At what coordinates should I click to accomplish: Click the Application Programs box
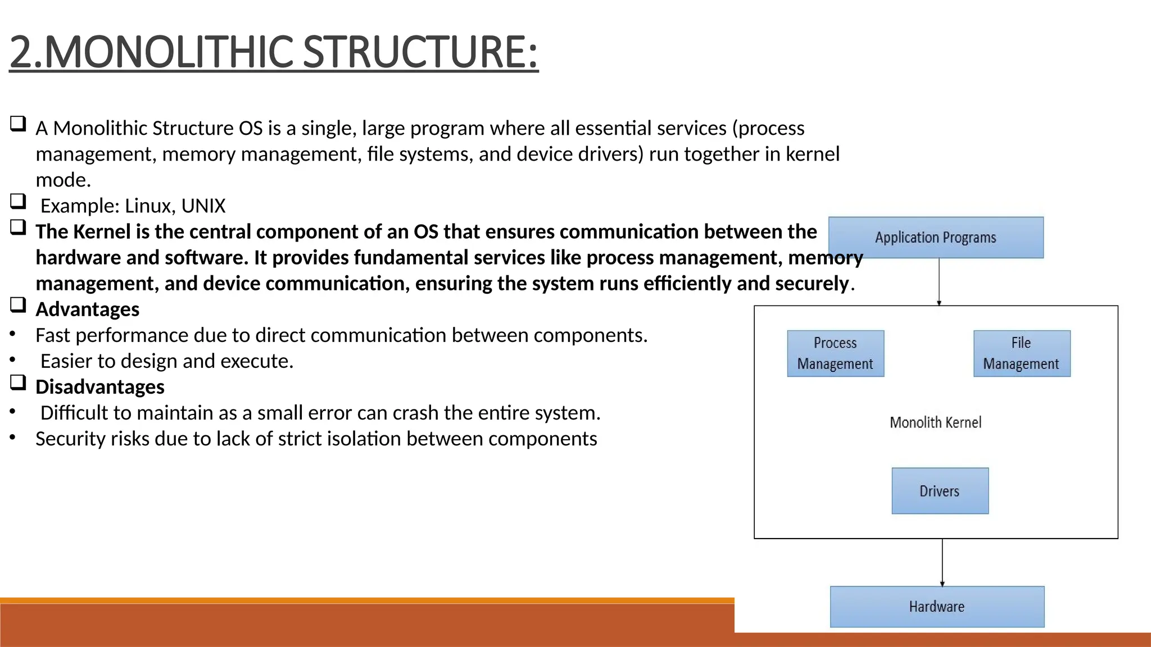[x=936, y=238]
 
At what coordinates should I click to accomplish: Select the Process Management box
[x=835, y=353]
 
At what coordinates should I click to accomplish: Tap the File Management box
[x=1021, y=353]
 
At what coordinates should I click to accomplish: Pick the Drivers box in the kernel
[x=940, y=491]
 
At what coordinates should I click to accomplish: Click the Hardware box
[x=937, y=607]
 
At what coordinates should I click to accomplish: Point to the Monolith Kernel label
[x=935, y=422]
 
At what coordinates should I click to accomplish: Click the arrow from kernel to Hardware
[x=942, y=562]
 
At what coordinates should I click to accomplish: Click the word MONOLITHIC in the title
[x=168, y=52]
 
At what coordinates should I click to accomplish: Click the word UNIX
[x=203, y=206]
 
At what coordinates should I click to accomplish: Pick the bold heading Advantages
[x=87, y=309]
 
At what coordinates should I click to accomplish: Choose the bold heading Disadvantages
[x=99, y=387]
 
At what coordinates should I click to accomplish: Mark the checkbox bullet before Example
[x=18, y=201]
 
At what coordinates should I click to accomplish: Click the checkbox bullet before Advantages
[x=18, y=304]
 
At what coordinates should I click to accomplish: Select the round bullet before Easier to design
[x=12, y=360]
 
